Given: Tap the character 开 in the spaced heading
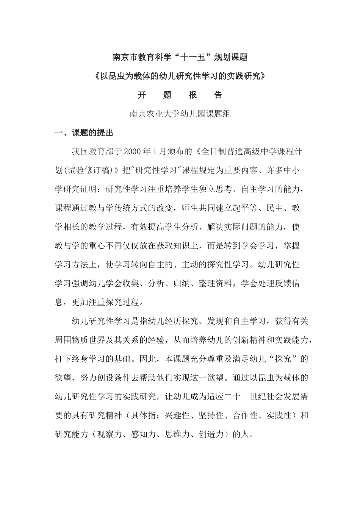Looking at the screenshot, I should click(x=142, y=95).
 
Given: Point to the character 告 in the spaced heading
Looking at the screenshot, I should click(x=218, y=95).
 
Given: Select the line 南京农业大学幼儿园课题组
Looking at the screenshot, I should click(x=180, y=114).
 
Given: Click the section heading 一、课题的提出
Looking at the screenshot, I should click(x=84, y=133).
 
